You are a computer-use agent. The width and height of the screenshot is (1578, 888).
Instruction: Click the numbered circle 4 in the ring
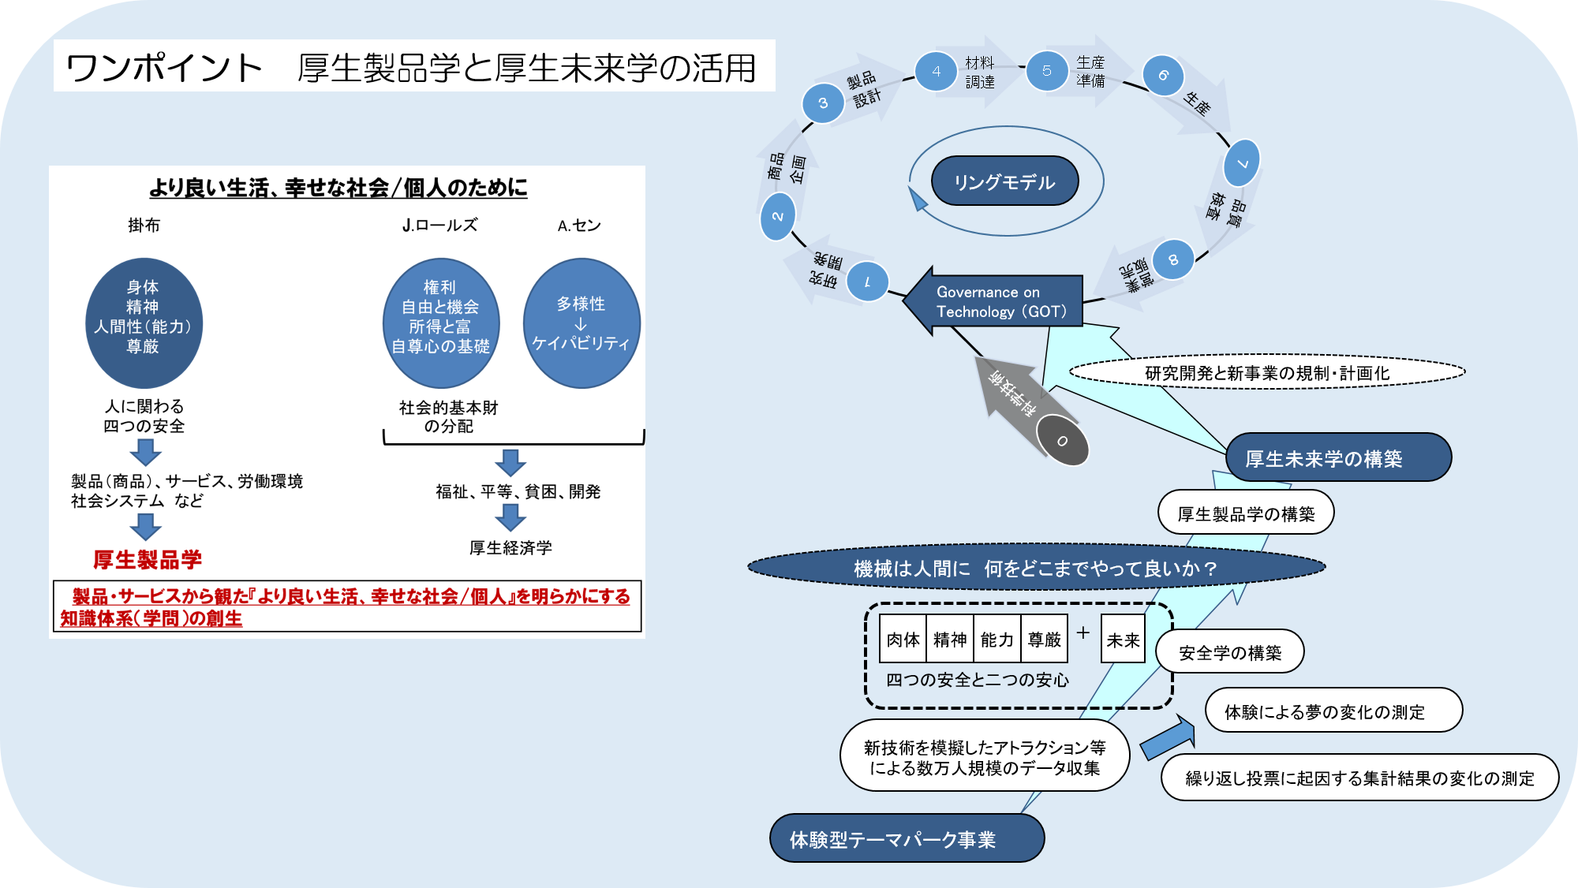936,72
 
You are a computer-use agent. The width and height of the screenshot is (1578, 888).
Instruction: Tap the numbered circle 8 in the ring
1172,259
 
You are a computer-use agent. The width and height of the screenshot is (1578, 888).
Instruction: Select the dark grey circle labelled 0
1062,441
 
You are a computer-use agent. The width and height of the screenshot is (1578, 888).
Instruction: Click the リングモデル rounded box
1004,182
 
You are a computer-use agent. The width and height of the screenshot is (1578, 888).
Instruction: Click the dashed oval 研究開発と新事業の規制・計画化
1266,372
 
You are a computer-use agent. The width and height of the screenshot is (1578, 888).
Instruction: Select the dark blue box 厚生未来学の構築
1338,457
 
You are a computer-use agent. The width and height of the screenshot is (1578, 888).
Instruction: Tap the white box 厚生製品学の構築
1246,513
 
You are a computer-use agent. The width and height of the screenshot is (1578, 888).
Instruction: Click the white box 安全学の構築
1229,652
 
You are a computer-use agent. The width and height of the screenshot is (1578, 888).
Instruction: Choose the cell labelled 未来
1123,640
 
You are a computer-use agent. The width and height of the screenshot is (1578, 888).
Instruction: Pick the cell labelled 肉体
903,640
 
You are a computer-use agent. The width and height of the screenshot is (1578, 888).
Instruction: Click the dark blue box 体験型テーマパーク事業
907,838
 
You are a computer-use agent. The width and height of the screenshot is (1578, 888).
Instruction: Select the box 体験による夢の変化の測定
1333,711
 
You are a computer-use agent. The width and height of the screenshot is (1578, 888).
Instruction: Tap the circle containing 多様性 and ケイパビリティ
581,323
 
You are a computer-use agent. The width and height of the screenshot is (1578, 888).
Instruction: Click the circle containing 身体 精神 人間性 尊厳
144,323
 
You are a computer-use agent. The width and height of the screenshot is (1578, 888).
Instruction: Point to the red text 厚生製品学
148,559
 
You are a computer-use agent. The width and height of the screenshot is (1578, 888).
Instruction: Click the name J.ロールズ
439,226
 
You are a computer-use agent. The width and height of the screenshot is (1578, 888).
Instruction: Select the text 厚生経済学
510,547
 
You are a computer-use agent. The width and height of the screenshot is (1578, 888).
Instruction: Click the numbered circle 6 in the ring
1163,76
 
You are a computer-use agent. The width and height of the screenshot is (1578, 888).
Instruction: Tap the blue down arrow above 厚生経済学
510,517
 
